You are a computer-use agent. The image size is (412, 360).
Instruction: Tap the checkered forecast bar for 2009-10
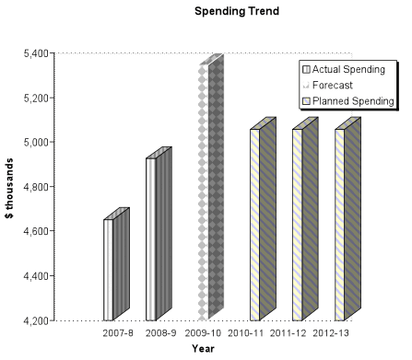(208, 193)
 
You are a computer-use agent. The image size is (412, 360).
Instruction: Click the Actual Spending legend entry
(347, 69)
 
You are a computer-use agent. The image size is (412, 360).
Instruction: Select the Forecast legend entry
(333, 85)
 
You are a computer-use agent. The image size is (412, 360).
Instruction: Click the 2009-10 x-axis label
(205, 331)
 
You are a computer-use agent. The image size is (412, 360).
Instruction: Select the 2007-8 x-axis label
(119, 331)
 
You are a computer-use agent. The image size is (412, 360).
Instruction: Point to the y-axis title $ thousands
(10, 188)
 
